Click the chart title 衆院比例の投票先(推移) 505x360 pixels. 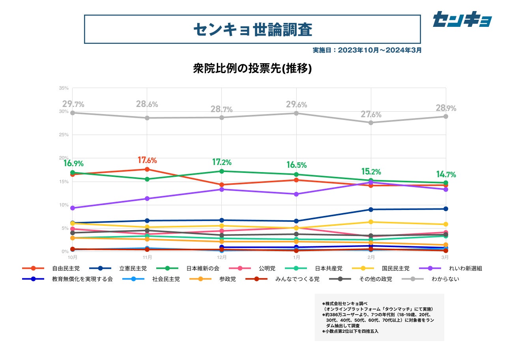click(x=252, y=69)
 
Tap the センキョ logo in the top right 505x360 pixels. click(x=462, y=19)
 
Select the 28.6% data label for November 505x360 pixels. click(x=147, y=105)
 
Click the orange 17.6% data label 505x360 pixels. click(x=147, y=160)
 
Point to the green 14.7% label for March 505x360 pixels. click(x=446, y=174)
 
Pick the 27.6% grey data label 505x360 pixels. click(x=371, y=115)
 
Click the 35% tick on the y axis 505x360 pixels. click(x=64, y=88)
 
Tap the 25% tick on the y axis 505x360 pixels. click(x=64, y=135)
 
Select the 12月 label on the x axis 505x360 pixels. click(x=222, y=257)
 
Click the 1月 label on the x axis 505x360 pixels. click(x=296, y=257)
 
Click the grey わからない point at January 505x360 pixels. click(x=296, y=113)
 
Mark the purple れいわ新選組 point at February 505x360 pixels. click(x=371, y=182)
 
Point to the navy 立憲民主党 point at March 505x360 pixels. click(x=445, y=209)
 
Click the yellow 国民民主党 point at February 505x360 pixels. click(x=371, y=222)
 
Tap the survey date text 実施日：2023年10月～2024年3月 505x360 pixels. click(x=367, y=51)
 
